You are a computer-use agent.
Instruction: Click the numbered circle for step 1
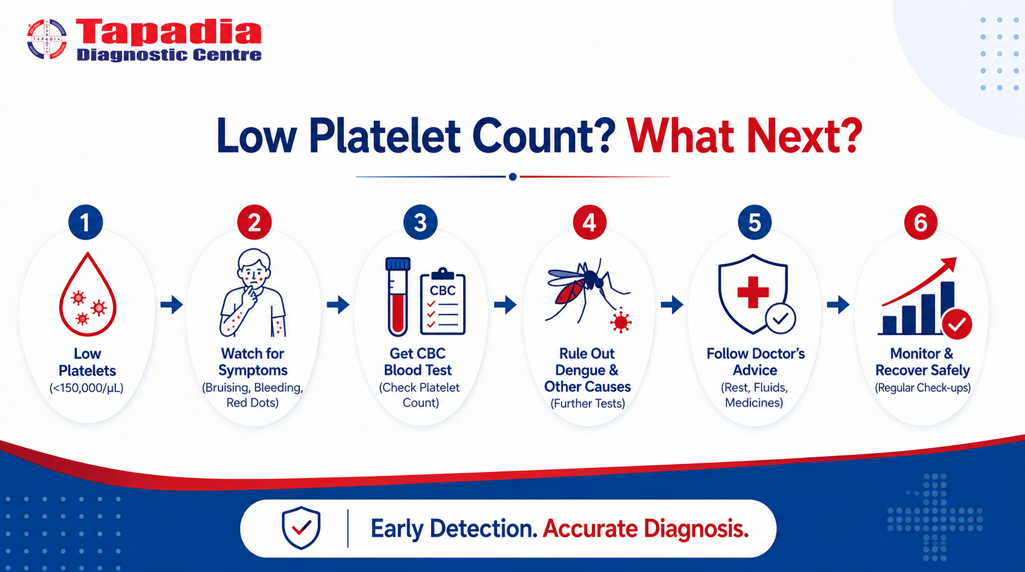tap(85, 222)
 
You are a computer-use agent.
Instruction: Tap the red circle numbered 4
tap(589, 222)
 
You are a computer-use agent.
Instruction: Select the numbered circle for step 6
tap(921, 222)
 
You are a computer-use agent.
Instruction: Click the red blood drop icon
tap(87, 294)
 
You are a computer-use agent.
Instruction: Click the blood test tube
tap(398, 297)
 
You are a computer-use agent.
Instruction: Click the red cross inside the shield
tap(753, 291)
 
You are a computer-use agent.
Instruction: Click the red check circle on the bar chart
tap(957, 324)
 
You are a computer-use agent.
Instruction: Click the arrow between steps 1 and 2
tap(172, 305)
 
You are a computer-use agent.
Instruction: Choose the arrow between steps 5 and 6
tap(838, 305)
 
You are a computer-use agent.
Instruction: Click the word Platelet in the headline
tap(384, 136)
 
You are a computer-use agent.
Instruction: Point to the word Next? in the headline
tap(803, 136)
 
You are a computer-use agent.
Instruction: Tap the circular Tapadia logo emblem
tap(46, 39)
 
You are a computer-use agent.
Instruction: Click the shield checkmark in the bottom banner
tap(301, 527)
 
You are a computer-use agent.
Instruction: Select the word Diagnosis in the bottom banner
tap(696, 529)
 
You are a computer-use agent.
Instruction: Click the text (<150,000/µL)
tap(87, 388)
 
